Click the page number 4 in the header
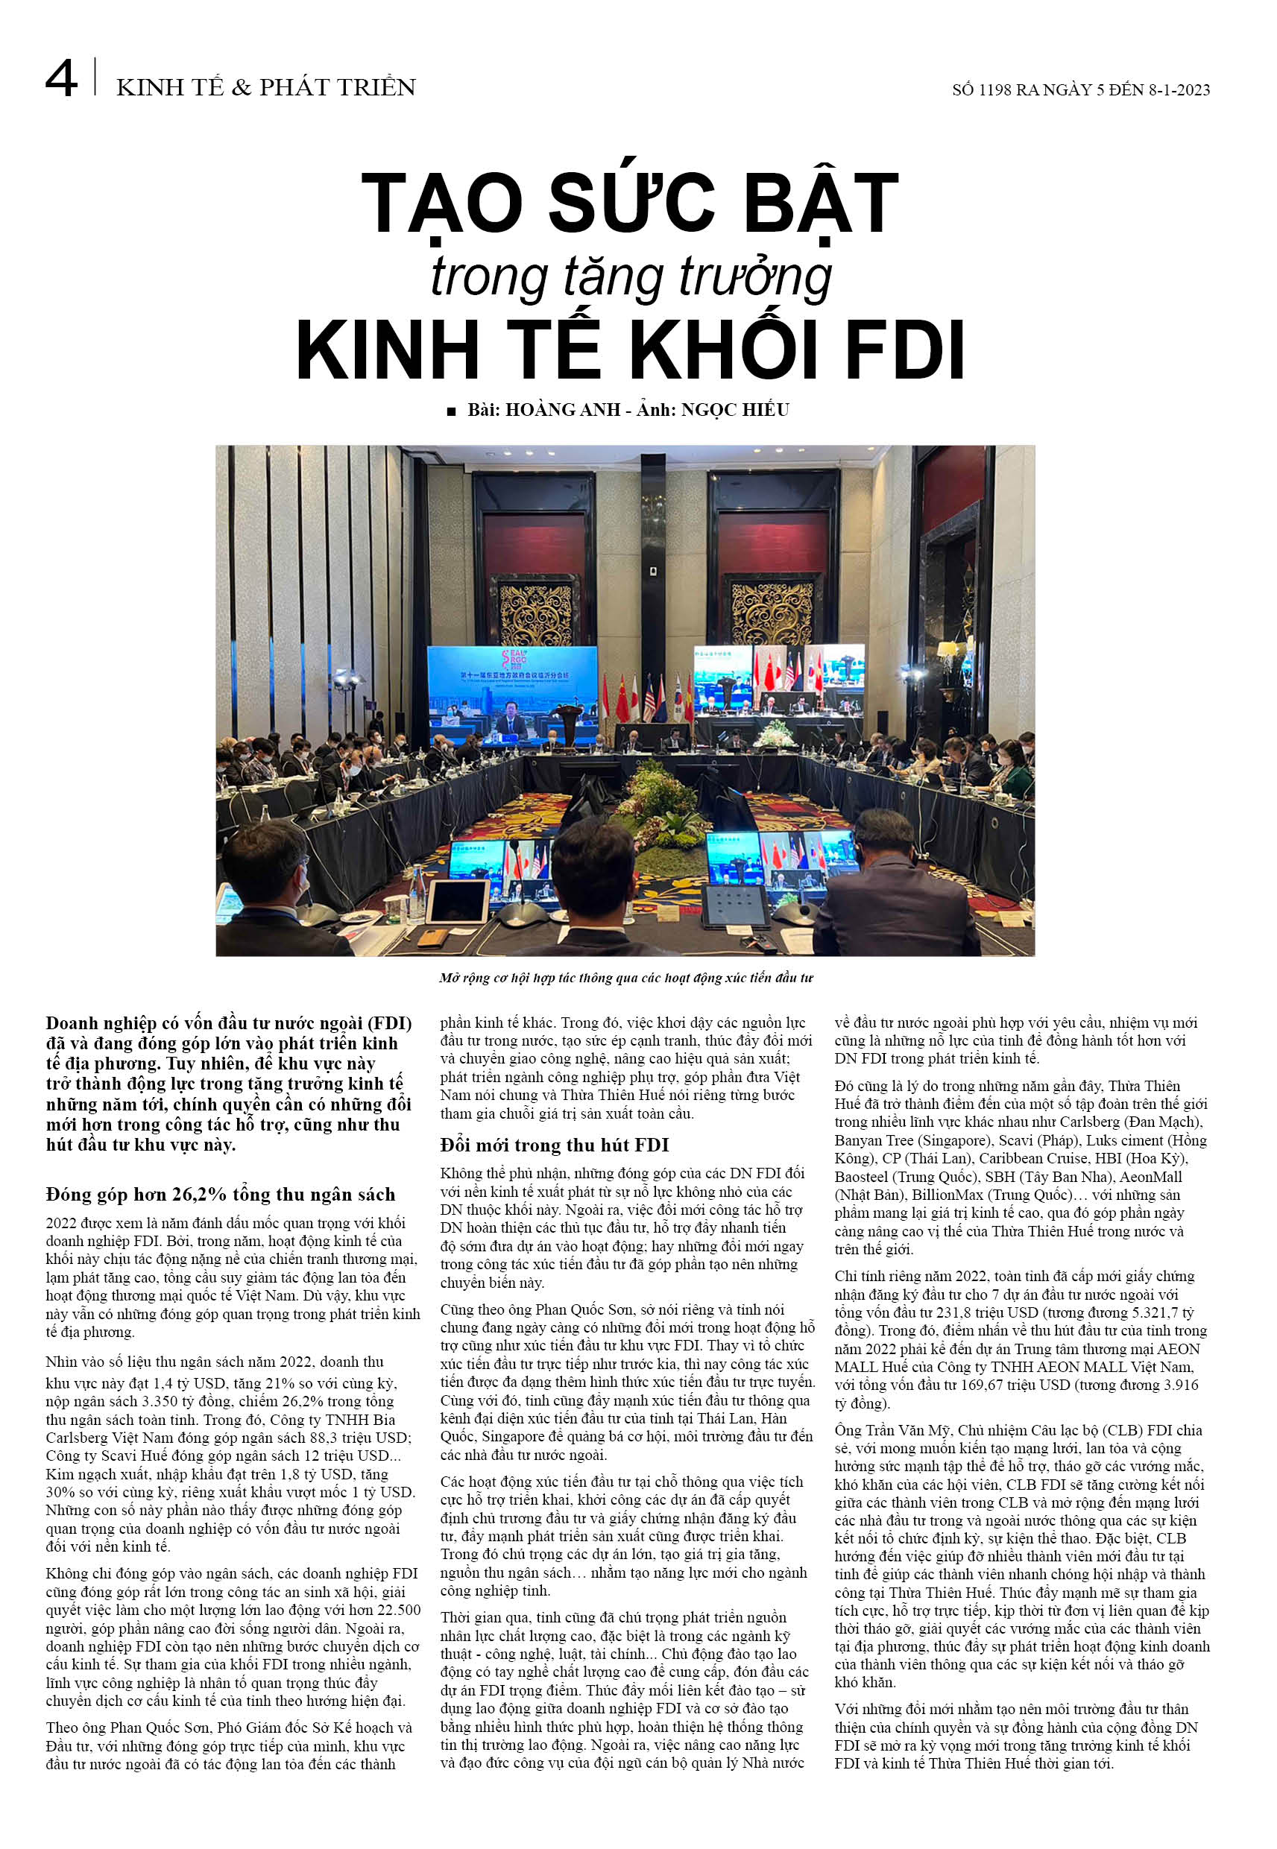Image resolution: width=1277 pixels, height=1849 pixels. tap(62, 80)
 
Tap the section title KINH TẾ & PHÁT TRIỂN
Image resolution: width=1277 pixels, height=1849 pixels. tap(265, 87)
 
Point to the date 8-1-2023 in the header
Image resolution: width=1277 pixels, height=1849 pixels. tap(1179, 90)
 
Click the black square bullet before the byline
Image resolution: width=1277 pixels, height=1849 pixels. tap(451, 411)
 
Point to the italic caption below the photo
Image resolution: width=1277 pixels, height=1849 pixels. tap(625, 977)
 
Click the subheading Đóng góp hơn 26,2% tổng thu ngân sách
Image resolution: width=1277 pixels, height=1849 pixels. tap(220, 1195)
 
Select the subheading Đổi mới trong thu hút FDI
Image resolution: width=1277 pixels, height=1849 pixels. tap(554, 1145)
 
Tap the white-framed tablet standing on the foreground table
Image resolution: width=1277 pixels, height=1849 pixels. tap(457, 900)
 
